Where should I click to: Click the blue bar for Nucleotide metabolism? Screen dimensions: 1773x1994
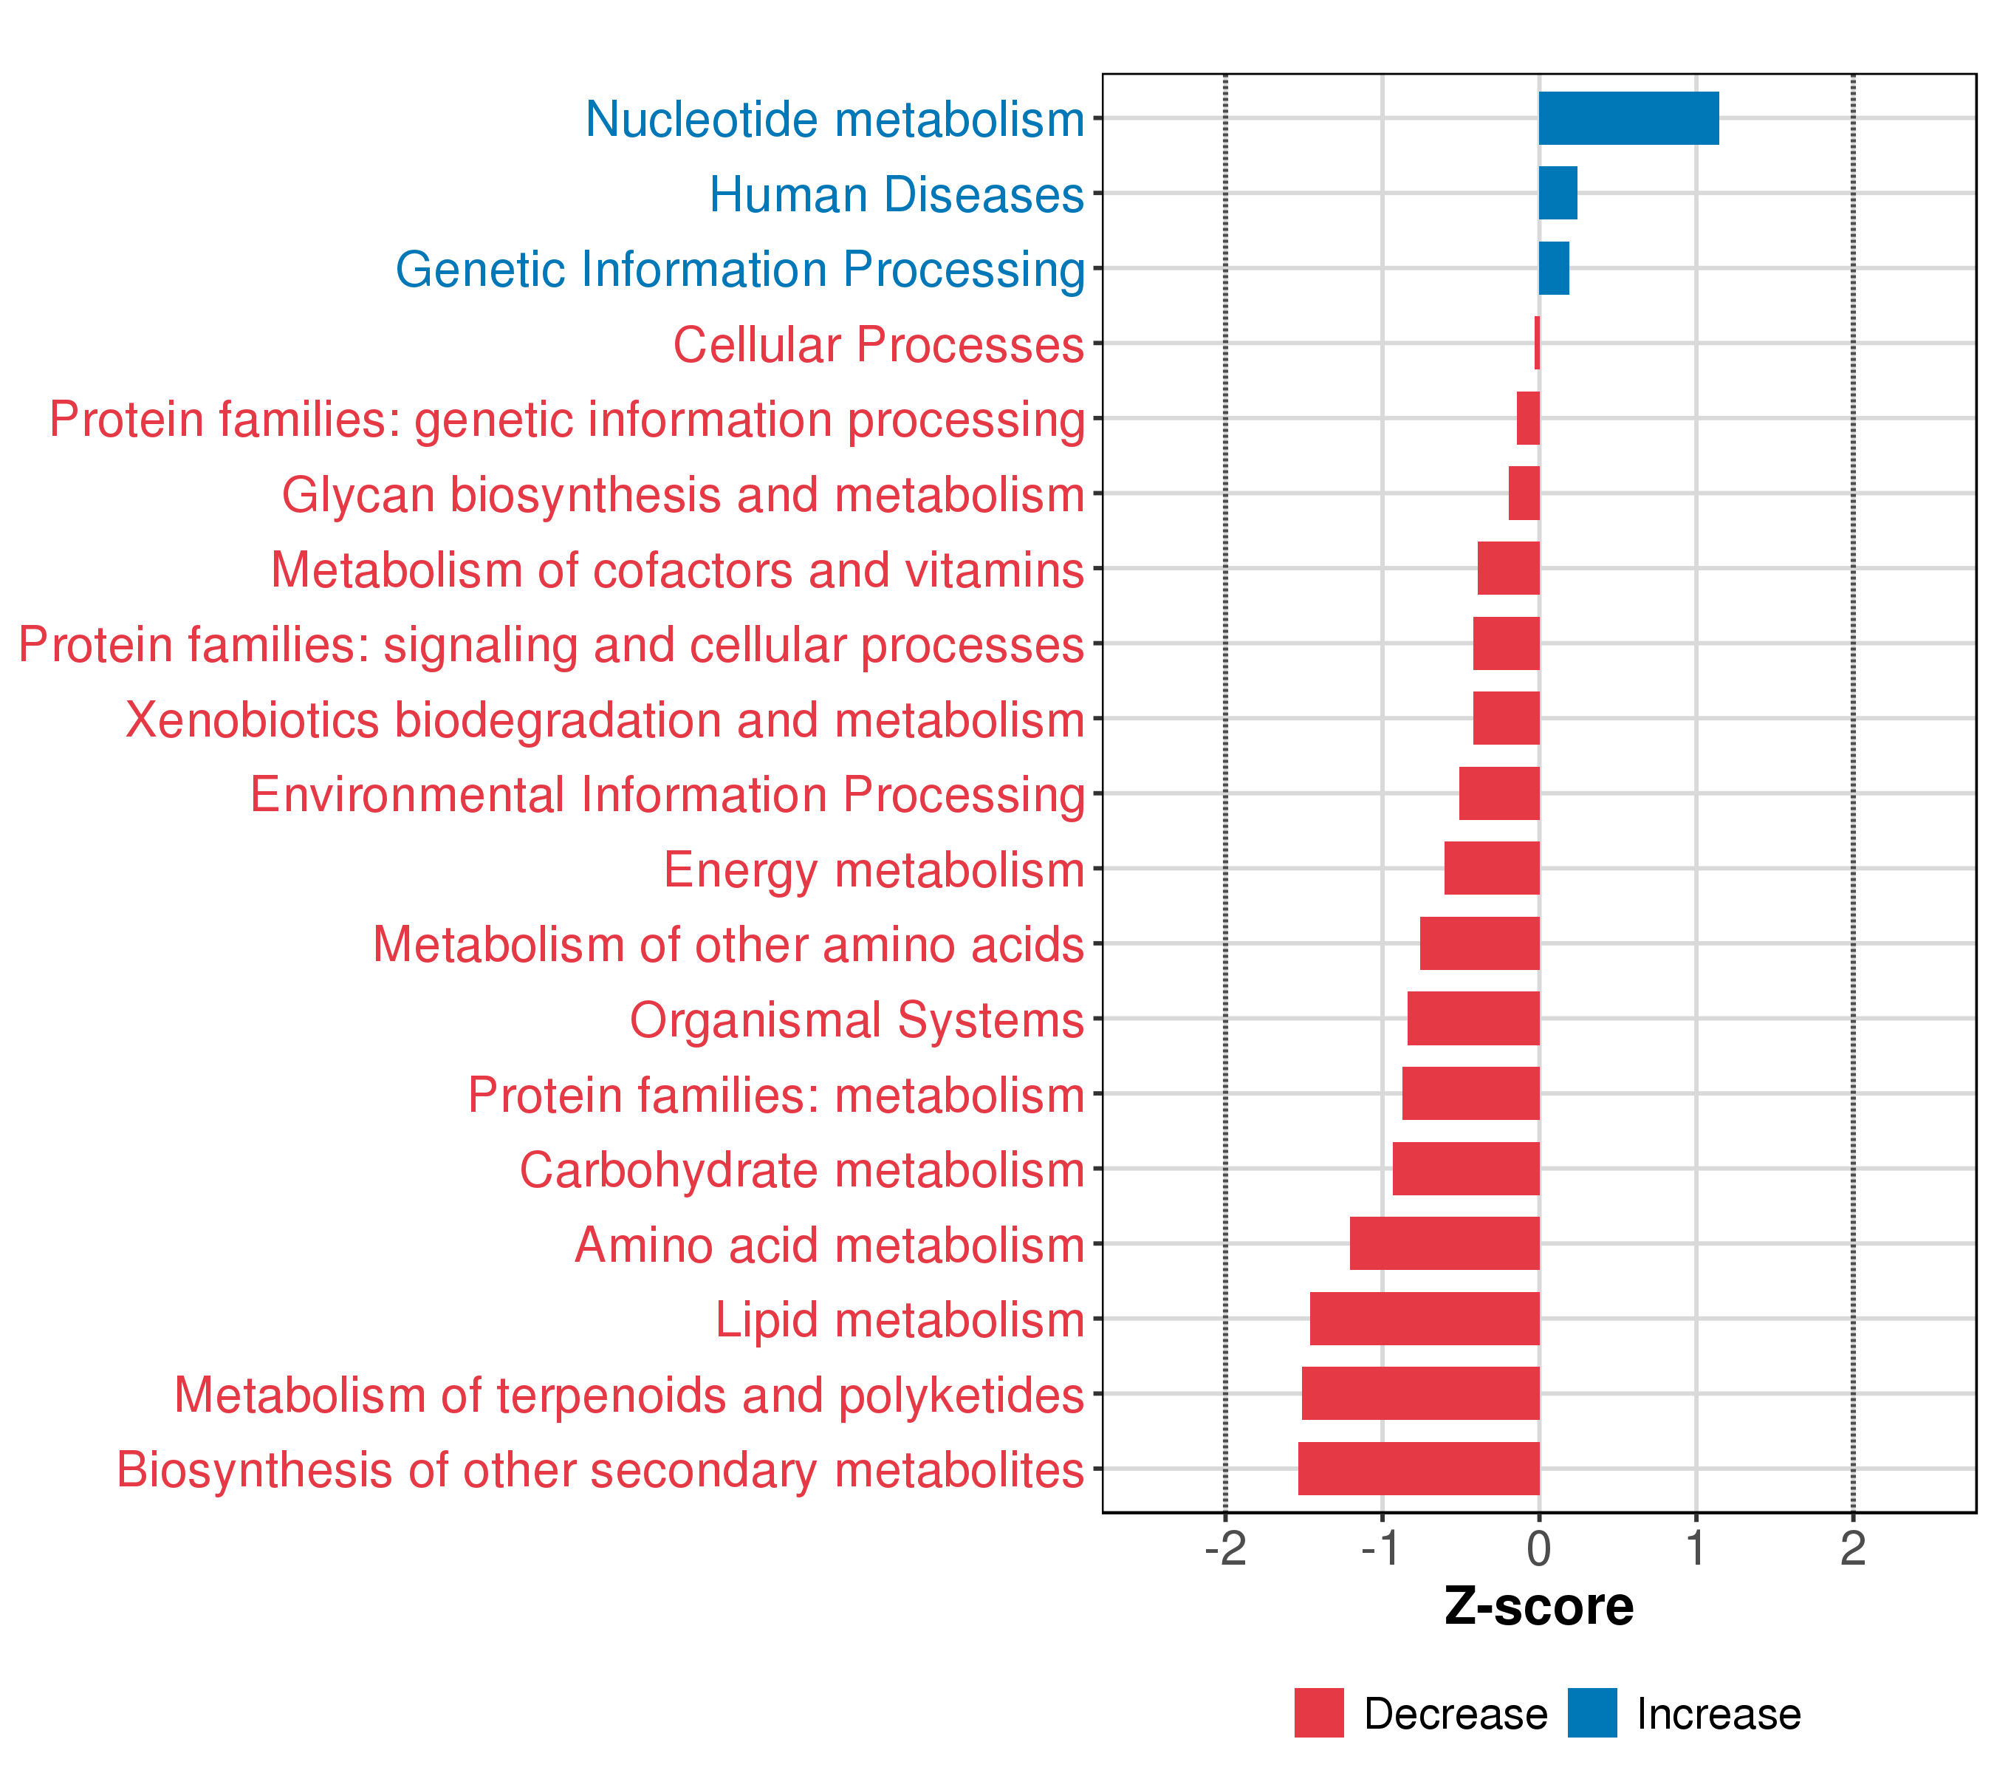pyautogui.click(x=1628, y=118)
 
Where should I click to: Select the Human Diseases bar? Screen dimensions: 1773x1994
pyautogui.click(x=1558, y=194)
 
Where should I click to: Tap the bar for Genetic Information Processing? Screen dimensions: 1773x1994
pyautogui.click(x=1554, y=268)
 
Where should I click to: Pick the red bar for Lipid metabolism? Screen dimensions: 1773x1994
pyautogui.click(x=1425, y=1318)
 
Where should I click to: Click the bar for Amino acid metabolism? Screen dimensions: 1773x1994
pyautogui.click(x=1445, y=1243)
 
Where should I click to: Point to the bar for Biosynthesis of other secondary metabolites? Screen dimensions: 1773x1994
pyautogui.click(x=1419, y=1469)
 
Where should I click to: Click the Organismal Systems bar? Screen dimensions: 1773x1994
pyautogui.click(x=1473, y=1019)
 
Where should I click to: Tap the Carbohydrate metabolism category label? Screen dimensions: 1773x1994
pyautogui.click(x=802, y=1170)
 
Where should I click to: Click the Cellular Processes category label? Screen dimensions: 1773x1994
pyautogui.click(x=878, y=344)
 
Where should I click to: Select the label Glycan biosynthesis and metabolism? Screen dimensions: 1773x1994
pyautogui.click(x=683, y=495)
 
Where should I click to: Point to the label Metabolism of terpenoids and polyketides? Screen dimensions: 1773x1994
pyautogui.click(x=629, y=1395)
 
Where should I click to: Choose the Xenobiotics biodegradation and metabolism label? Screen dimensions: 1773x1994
pyautogui.click(x=605, y=720)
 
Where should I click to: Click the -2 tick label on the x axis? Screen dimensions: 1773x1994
pyautogui.click(x=1225, y=1548)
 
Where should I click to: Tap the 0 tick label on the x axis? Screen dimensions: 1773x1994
pyautogui.click(x=1539, y=1548)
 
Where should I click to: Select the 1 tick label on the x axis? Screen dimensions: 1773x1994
pyautogui.click(x=1696, y=1548)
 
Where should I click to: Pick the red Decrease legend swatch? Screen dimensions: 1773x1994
pyautogui.click(x=1319, y=1713)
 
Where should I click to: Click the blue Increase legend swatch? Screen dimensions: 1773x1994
pyautogui.click(x=1592, y=1713)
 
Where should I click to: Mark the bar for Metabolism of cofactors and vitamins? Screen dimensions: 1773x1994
pyautogui.click(x=1508, y=568)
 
